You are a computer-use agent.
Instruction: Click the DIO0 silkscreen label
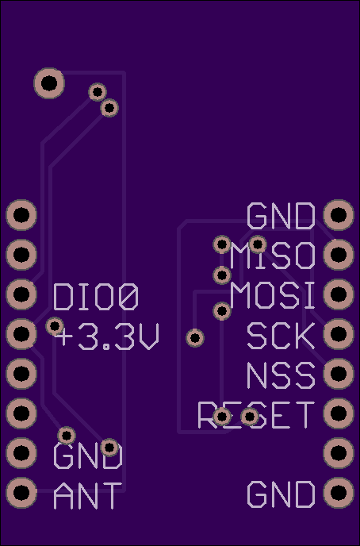click(96, 297)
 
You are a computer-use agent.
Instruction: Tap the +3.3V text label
click(107, 336)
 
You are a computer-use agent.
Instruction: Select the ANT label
click(88, 495)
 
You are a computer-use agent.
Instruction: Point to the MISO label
click(273, 256)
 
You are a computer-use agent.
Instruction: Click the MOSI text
click(273, 295)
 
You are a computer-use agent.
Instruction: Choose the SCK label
click(281, 336)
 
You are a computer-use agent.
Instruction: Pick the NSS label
click(281, 375)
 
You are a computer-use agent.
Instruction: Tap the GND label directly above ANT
click(88, 456)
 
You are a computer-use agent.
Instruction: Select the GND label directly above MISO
click(281, 216)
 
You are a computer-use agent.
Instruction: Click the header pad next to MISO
click(339, 255)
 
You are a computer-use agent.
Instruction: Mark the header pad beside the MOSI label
click(339, 294)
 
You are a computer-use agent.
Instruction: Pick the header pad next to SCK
click(339, 334)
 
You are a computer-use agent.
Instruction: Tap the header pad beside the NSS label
click(339, 374)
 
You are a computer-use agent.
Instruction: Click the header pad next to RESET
click(339, 413)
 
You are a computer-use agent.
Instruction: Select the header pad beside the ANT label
click(21, 493)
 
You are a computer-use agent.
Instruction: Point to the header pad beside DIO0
click(21, 294)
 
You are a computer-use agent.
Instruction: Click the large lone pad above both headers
click(49, 83)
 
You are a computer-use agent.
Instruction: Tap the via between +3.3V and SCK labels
click(195, 338)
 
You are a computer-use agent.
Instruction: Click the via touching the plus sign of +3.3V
click(55, 326)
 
